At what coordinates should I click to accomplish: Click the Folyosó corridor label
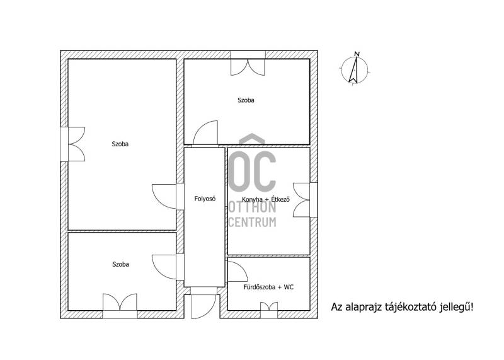(x=205, y=199)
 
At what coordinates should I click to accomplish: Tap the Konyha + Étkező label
(x=266, y=199)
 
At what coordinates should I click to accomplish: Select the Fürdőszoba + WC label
(x=268, y=287)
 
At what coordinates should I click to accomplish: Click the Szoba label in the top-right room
(x=246, y=100)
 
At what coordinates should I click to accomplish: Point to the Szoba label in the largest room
(x=120, y=144)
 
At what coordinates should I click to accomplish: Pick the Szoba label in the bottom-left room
(x=120, y=264)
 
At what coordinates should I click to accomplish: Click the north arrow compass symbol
(x=354, y=69)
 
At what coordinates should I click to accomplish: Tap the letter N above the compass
(x=357, y=54)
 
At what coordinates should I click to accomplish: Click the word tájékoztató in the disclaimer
(x=409, y=307)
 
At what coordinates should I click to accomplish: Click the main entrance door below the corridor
(x=203, y=306)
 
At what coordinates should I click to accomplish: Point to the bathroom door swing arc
(x=238, y=272)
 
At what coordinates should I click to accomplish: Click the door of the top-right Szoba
(x=205, y=132)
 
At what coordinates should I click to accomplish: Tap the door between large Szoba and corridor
(x=164, y=197)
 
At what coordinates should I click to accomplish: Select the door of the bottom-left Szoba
(x=164, y=267)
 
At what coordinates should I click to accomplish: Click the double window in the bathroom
(x=269, y=310)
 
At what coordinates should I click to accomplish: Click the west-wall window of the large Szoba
(x=72, y=144)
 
